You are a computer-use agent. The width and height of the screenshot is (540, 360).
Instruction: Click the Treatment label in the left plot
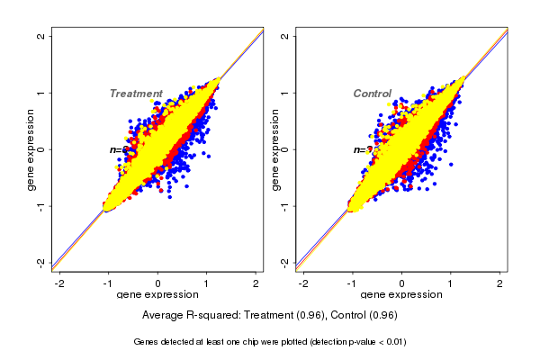tap(136, 94)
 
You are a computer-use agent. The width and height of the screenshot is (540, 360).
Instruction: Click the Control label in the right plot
tap(372, 94)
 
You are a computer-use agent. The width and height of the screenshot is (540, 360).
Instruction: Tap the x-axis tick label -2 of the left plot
tap(58, 283)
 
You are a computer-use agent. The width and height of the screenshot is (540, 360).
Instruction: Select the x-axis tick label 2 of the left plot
tap(256, 283)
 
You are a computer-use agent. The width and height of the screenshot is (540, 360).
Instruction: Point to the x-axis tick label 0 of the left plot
tap(158, 283)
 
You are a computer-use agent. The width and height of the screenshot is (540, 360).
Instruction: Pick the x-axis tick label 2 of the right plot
tap(500, 283)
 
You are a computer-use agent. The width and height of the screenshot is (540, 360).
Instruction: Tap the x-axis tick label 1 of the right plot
tap(451, 283)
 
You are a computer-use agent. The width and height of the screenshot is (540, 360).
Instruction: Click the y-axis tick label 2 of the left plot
tap(41, 36)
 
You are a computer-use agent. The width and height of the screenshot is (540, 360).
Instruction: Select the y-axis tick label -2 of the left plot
tap(41, 262)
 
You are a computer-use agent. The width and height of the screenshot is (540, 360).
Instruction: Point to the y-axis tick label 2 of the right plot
tap(285, 36)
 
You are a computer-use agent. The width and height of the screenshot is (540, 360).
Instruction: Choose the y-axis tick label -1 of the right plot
tap(285, 205)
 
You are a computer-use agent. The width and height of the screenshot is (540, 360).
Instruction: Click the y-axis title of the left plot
tap(31, 149)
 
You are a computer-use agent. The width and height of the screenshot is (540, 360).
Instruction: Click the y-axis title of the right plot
tap(274, 149)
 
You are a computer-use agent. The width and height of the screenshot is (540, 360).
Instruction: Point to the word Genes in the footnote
tap(148, 342)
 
